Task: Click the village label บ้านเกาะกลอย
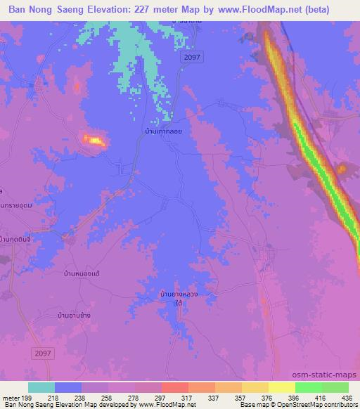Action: tap(160, 131)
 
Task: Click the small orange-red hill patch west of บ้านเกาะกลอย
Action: tap(94, 141)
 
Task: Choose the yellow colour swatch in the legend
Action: tap(281, 387)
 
